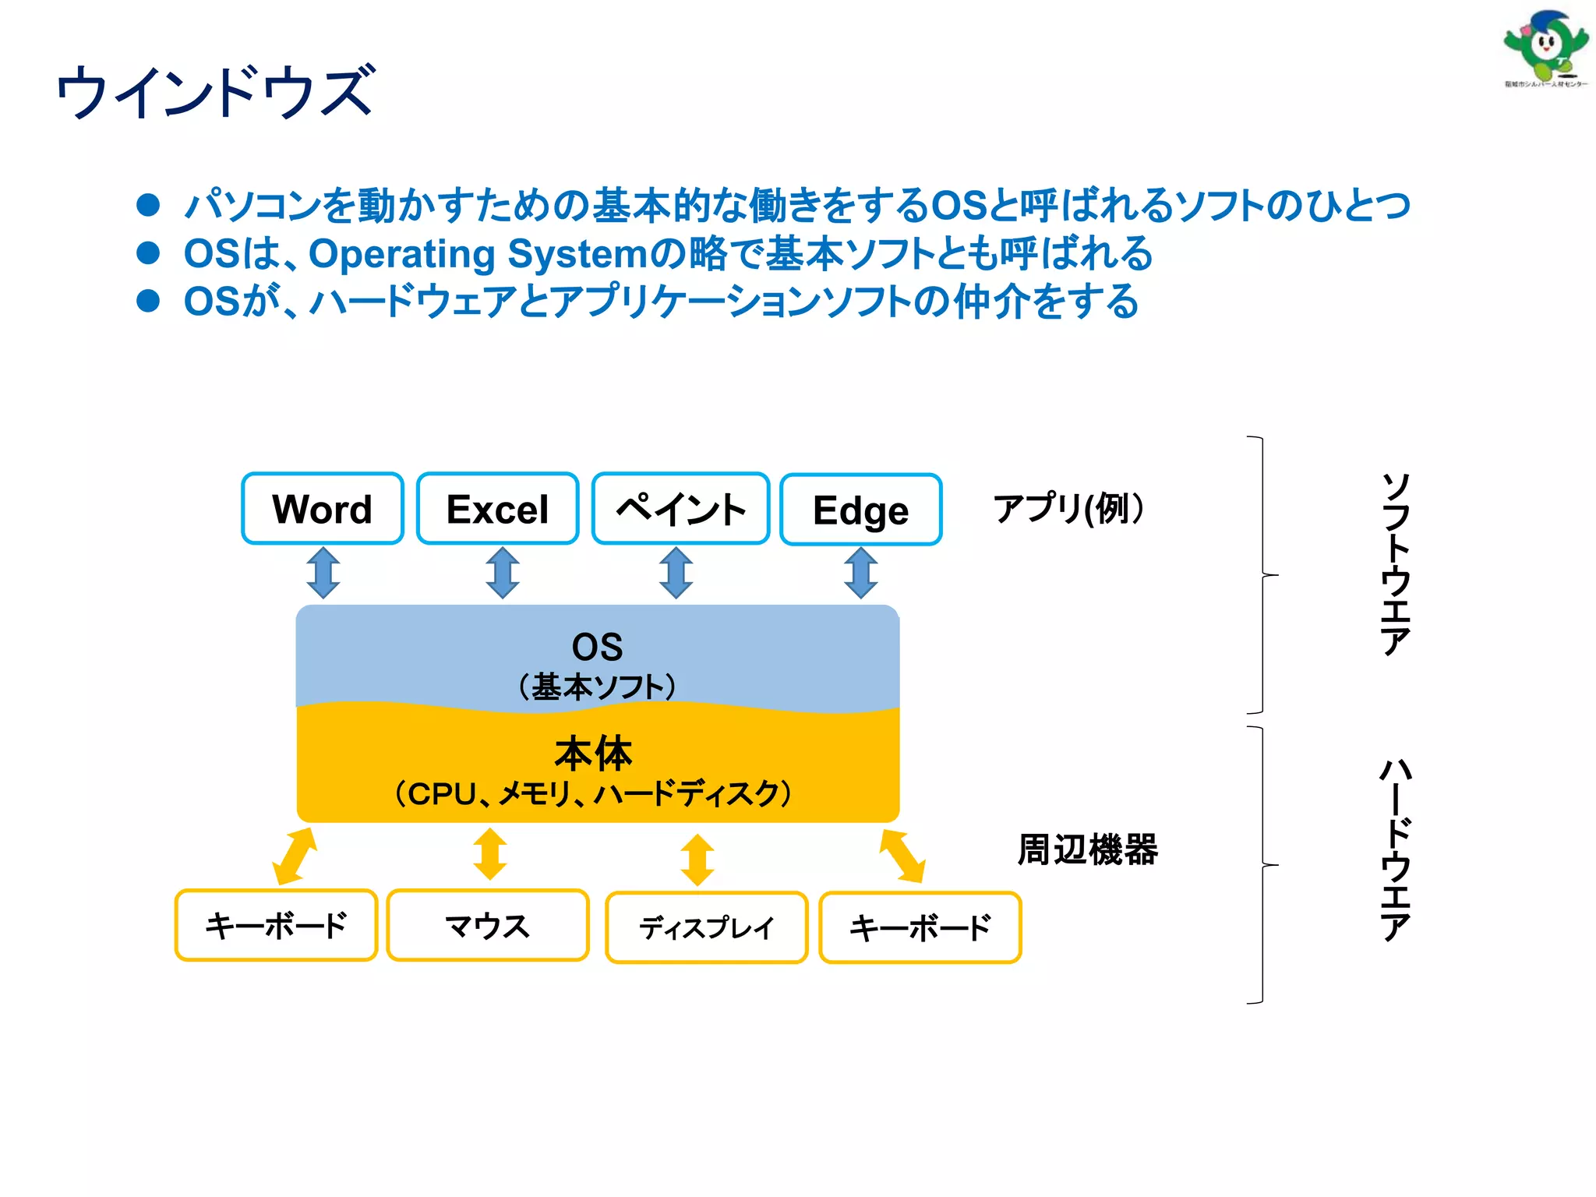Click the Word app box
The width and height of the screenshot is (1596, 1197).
pyautogui.click(x=322, y=509)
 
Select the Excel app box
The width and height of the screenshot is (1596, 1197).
pyautogui.click(x=497, y=509)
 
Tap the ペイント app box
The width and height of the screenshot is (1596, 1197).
pyautogui.click(x=680, y=509)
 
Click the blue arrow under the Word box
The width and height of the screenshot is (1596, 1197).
pyautogui.click(x=323, y=573)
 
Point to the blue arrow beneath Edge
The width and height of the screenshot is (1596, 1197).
pyautogui.click(x=860, y=573)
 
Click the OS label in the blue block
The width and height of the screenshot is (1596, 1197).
pyautogui.click(x=597, y=647)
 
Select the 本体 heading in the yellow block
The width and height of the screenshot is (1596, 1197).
pyautogui.click(x=594, y=753)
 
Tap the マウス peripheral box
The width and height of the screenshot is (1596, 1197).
pyautogui.click(x=487, y=926)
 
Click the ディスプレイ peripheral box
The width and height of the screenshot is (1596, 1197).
pyautogui.click(x=706, y=927)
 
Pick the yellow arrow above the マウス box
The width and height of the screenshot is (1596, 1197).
pyautogui.click(x=490, y=854)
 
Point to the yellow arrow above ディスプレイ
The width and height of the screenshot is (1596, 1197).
pyautogui.click(x=697, y=860)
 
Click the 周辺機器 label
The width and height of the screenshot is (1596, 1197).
pyautogui.click(x=1087, y=849)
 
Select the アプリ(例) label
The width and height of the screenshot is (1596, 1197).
pyautogui.click(x=1068, y=509)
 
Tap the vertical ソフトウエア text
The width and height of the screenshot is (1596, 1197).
pyautogui.click(x=1396, y=564)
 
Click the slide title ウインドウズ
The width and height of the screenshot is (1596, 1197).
pyautogui.click(x=216, y=92)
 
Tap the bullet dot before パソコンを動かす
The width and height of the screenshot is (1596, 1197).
pyautogui.click(x=148, y=205)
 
